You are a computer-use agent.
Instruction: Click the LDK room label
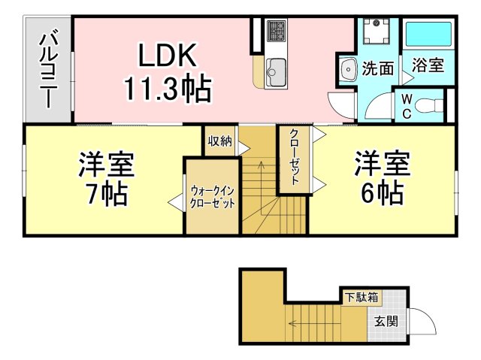pos(168,55)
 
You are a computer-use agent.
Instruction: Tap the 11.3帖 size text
pos(168,89)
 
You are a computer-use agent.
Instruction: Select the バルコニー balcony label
pos(48,71)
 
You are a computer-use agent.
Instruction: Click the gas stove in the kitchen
pos(277,30)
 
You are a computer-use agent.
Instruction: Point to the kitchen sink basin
pos(277,72)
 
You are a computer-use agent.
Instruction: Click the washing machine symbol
pos(377,32)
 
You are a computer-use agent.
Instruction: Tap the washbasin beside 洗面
pos(348,69)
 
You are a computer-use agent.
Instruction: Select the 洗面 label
pos(378,68)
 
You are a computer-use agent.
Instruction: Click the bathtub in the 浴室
pos(428,33)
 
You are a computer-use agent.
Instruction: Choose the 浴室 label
pos(428,65)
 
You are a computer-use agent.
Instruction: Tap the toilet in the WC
pos(429,106)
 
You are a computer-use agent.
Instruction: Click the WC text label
pos(407,107)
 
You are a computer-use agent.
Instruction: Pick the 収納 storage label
pos(220,141)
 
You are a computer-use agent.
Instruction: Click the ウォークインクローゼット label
pos(212,197)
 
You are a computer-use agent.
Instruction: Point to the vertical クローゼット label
pos(294,156)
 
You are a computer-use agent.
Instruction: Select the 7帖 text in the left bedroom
pos(107,194)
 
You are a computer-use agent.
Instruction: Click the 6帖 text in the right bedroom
pos(383,193)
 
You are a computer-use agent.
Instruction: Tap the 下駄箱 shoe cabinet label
pos(362,297)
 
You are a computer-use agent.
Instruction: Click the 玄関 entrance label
pos(386,322)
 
